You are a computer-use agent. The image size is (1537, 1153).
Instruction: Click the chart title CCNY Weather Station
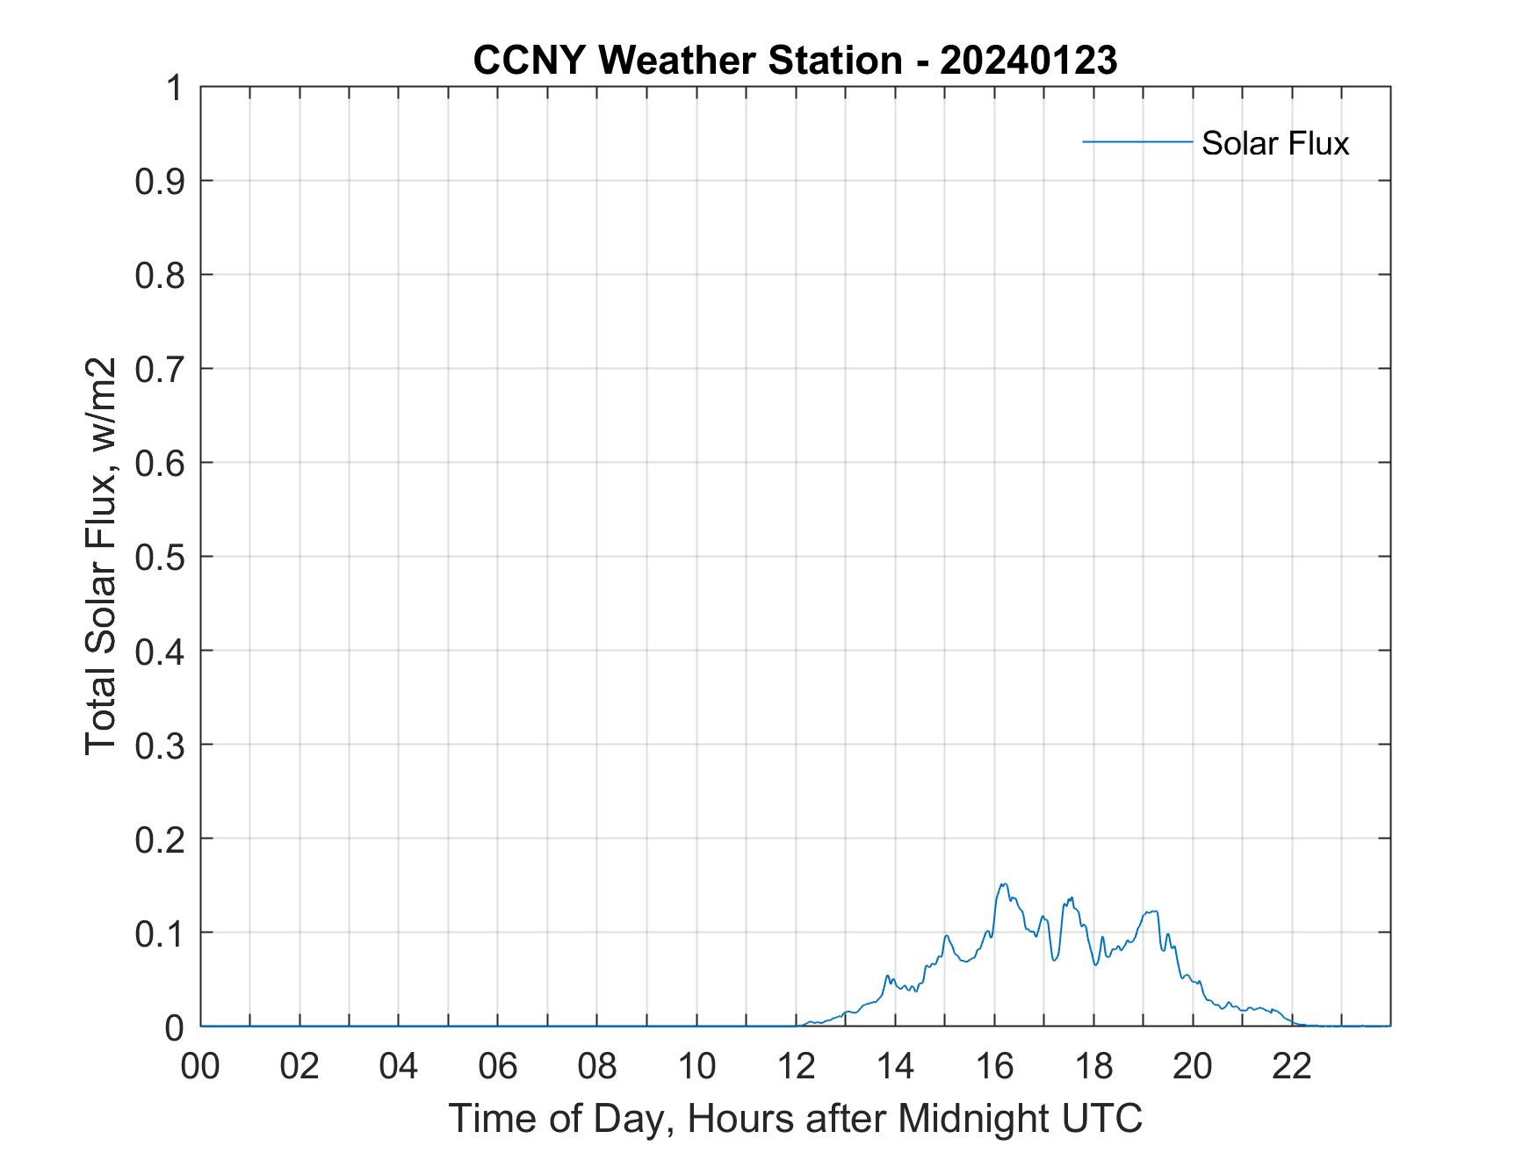[x=686, y=61]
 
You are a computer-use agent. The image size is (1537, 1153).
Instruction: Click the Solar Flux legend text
[x=1274, y=143]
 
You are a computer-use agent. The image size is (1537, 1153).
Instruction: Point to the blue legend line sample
[x=1137, y=141]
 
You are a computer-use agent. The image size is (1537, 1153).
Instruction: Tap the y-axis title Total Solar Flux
[x=102, y=556]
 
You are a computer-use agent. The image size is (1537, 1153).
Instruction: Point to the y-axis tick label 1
[x=176, y=88]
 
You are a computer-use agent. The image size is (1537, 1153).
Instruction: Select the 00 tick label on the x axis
[x=200, y=1066]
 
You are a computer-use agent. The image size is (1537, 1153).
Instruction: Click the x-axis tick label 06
[x=498, y=1066]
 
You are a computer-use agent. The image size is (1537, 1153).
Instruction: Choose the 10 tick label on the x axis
[x=696, y=1066]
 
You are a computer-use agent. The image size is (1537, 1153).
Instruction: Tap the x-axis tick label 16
[x=994, y=1066]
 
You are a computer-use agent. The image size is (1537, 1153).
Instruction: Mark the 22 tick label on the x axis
[x=1292, y=1066]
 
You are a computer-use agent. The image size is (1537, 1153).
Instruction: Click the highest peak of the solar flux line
[x=1003, y=884]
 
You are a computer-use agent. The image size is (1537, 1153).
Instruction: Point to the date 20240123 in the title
[x=1028, y=61]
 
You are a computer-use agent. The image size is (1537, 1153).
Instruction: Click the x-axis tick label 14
[x=895, y=1066]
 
